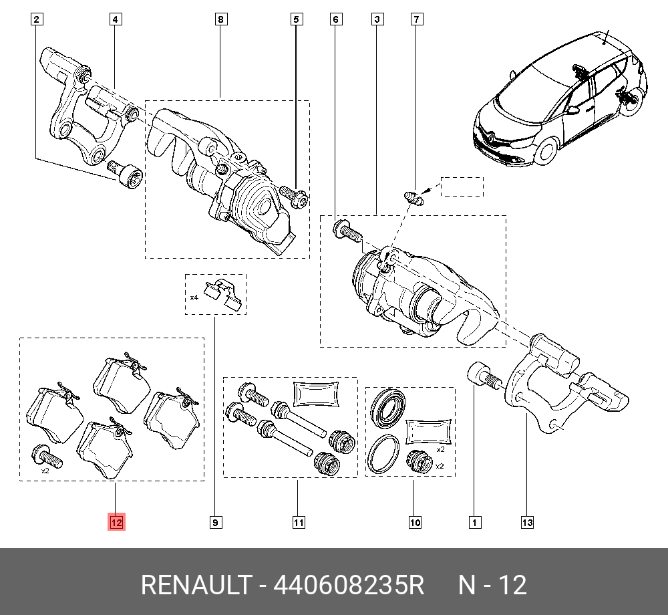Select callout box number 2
pyautogui.click(x=37, y=20)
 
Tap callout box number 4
pyautogui.click(x=116, y=20)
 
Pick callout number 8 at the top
pyautogui.click(x=220, y=20)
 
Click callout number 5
pyautogui.click(x=297, y=20)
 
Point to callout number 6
pyautogui.click(x=336, y=20)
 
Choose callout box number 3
pyautogui.click(x=377, y=20)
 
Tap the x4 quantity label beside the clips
pyautogui.click(x=194, y=297)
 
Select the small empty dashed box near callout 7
pyautogui.click(x=461, y=187)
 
